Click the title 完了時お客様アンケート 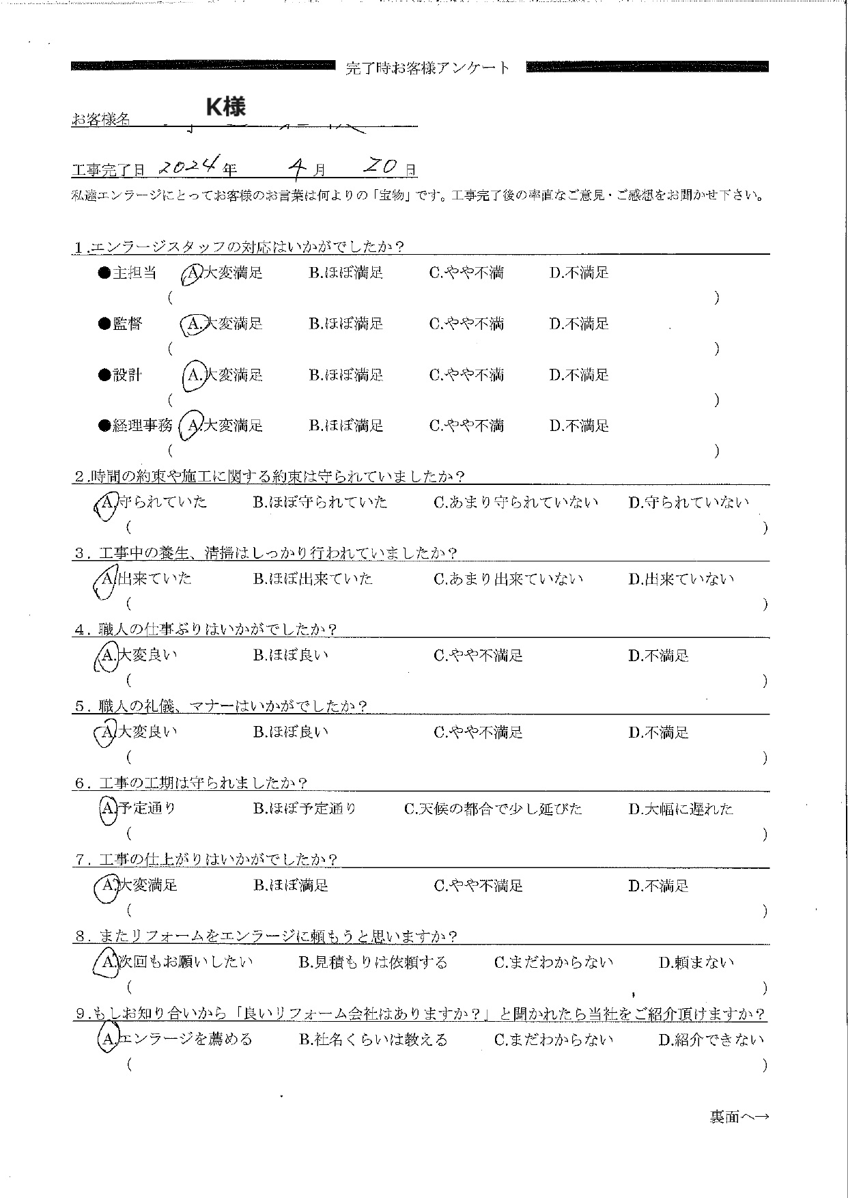click(x=428, y=68)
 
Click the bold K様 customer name click(x=225, y=107)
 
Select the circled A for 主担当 click(x=192, y=273)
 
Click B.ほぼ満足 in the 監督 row click(x=345, y=324)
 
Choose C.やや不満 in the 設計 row click(x=466, y=375)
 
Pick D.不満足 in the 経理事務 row click(x=579, y=426)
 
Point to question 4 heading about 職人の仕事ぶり click(x=205, y=630)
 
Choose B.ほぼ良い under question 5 click(x=290, y=733)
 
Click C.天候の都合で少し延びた click(x=493, y=809)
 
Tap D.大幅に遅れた click(x=681, y=809)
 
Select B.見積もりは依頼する click(x=373, y=963)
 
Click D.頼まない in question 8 click(x=696, y=963)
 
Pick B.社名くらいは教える click(x=373, y=1040)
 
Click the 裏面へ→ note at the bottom click(x=739, y=1117)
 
